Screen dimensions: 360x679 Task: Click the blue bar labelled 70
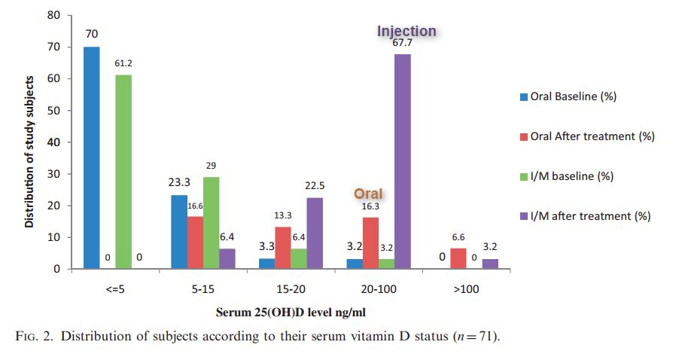(91, 158)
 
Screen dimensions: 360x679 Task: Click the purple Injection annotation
(406, 31)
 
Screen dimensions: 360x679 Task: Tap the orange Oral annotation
(368, 194)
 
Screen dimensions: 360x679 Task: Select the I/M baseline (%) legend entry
(567, 176)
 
